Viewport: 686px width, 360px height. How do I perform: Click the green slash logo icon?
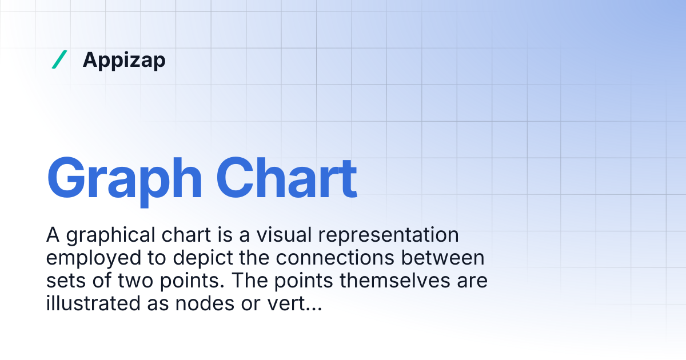(x=59, y=59)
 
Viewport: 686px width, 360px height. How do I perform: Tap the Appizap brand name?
(x=124, y=59)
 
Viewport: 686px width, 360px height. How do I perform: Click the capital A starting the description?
(x=53, y=235)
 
